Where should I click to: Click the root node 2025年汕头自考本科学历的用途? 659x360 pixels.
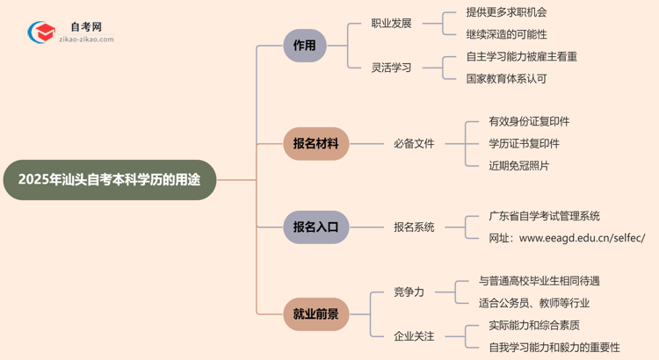(109, 180)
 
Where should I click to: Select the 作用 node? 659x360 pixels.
(305, 46)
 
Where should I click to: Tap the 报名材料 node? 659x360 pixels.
(315, 143)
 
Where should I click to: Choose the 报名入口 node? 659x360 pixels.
(315, 227)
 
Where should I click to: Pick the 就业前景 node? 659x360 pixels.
(315, 313)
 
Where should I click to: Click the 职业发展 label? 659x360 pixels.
(391, 24)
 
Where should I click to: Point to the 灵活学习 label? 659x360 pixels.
(391, 68)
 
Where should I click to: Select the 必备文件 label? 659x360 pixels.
(414, 143)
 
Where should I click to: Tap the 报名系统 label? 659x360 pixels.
(414, 227)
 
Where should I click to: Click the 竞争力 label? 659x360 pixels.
(408, 292)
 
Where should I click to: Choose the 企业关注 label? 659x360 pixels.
(414, 335)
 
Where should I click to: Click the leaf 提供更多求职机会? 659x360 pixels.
(507, 13)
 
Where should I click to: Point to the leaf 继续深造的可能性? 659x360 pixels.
(507, 35)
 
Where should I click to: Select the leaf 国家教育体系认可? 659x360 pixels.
(507, 78)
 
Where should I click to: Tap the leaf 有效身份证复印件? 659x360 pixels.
(529, 121)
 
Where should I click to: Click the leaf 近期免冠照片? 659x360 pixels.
(519, 165)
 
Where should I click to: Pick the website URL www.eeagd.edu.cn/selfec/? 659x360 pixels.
(582, 238)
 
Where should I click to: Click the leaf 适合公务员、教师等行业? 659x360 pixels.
(534, 303)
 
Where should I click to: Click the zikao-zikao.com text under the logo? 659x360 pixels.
(87, 39)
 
